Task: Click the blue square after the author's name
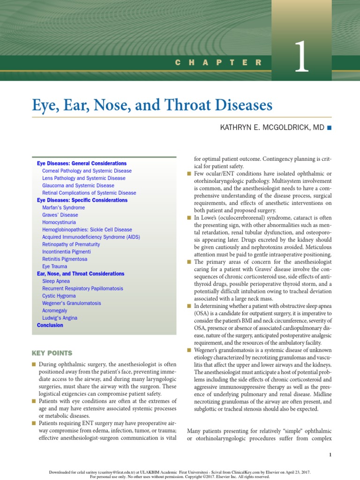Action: [329, 127]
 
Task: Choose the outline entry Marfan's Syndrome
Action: [63, 208]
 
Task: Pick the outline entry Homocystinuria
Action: [59, 222]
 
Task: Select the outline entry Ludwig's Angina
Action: [60, 318]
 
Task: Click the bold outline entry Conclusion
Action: [50, 325]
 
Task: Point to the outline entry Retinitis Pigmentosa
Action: [65, 259]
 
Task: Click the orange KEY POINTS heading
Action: [52, 352]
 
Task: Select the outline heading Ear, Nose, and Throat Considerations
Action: [81, 274]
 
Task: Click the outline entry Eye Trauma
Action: [55, 266]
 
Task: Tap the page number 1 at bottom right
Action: [330, 455]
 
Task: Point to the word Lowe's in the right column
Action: [207, 218]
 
